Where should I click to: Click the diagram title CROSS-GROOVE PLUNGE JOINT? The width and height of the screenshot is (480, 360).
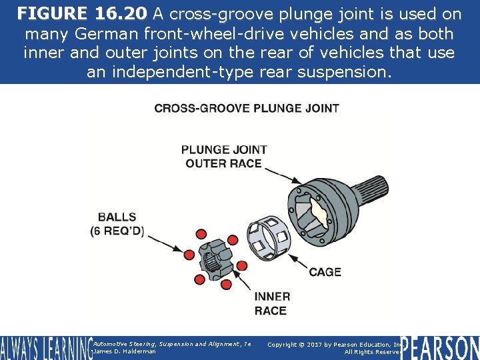(246, 108)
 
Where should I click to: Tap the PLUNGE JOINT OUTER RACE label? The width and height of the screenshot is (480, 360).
(224, 156)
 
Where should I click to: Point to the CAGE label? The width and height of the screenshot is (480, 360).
(325, 272)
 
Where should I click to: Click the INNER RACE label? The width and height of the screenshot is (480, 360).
(272, 303)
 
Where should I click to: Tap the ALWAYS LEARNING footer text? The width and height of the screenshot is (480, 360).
(45, 348)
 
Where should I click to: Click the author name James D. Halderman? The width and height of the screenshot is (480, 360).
(125, 351)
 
